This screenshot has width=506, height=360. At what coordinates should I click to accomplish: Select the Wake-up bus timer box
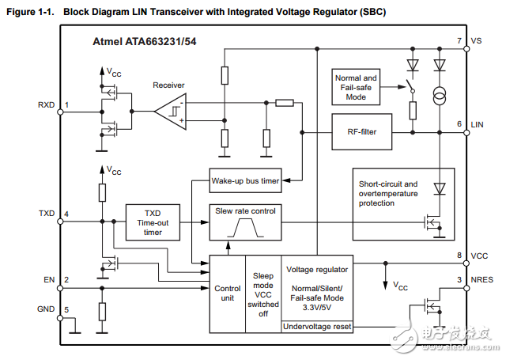(x=245, y=181)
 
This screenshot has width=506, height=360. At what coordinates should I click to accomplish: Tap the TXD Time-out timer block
(x=153, y=222)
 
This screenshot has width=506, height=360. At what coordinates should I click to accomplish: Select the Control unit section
(x=228, y=294)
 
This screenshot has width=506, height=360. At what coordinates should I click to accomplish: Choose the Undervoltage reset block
(x=316, y=326)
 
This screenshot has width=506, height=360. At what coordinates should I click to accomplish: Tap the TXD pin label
(x=47, y=214)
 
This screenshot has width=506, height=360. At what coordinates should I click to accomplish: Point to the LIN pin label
(x=476, y=125)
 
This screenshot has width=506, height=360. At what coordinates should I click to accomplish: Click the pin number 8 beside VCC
(x=459, y=255)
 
